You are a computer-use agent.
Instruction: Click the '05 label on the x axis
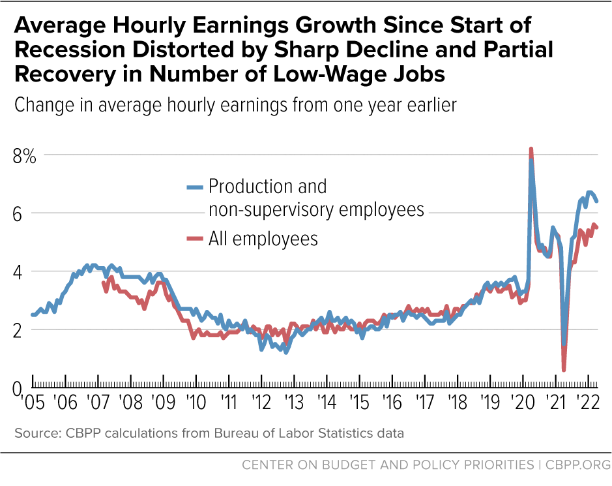[x=31, y=400]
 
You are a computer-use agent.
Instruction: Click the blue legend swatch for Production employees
[x=194, y=187]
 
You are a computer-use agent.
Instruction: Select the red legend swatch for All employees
[x=194, y=239]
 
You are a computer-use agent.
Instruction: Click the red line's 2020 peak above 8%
[x=531, y=149]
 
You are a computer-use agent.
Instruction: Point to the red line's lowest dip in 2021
[x=563, y=370]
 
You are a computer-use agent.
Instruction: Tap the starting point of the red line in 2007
[x=104, y=283]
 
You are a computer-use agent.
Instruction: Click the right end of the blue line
[x=596, y=202]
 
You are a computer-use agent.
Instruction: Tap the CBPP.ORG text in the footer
[x=576, y=465]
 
